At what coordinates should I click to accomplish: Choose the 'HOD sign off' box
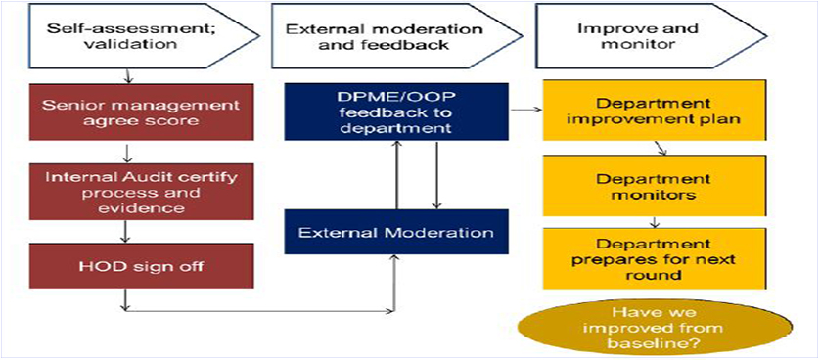tap(141, 266)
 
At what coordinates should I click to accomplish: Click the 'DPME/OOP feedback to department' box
tap(396, 112)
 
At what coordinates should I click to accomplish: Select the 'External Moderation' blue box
tap(396, 232)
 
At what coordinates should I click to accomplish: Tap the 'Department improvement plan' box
tap(655, 111)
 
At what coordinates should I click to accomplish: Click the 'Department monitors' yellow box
tap(655, 186)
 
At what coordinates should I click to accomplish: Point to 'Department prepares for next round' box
tap(655, 258)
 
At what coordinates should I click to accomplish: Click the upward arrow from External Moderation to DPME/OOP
tap(397, 174)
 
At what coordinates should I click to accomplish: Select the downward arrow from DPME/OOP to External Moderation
tap(436, 174)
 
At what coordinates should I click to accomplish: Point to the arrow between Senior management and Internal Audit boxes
tap(125, 153)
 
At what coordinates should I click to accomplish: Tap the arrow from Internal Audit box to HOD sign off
tap(125, 232)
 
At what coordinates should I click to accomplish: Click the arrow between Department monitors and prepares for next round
tap(655, 222)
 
